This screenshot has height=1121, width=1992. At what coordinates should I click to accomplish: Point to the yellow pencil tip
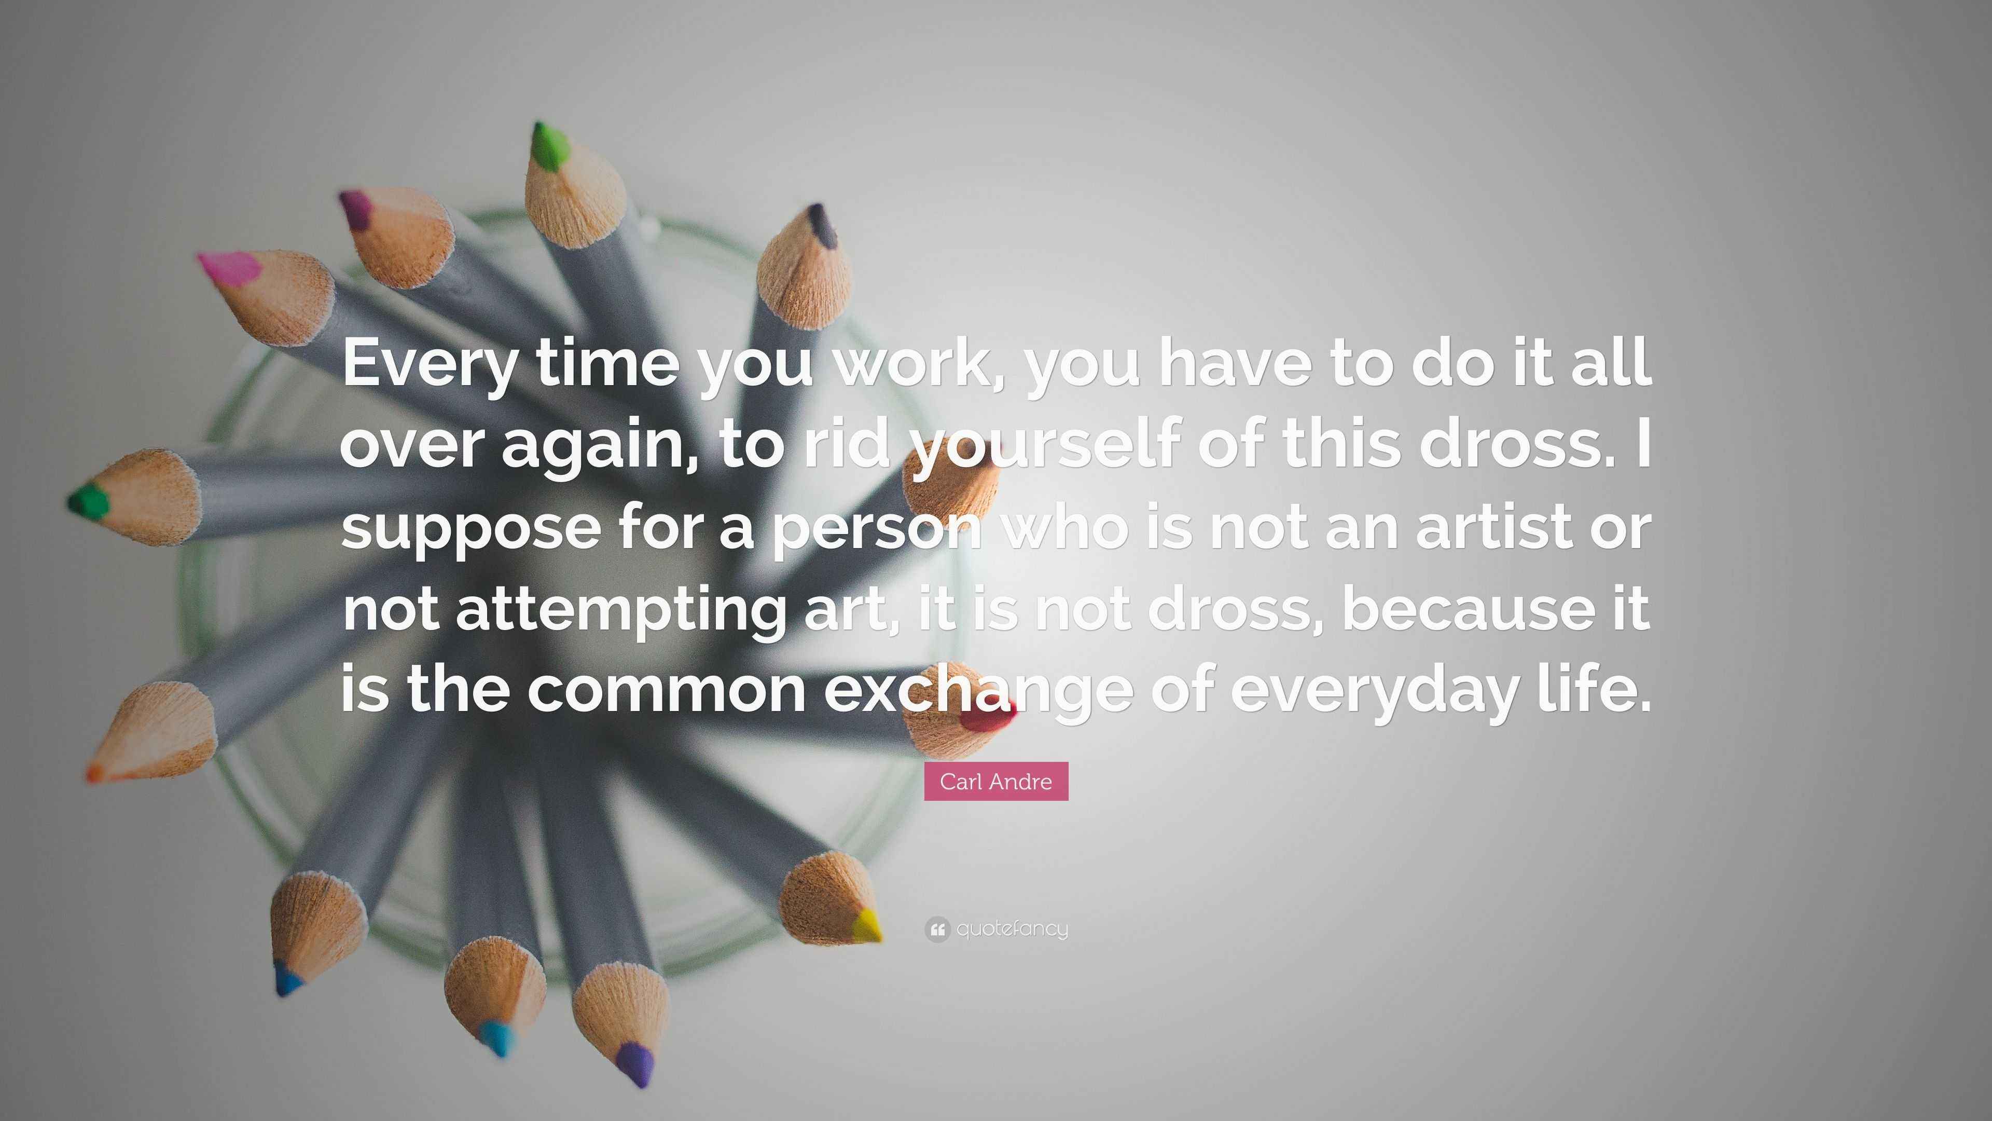[866, 924]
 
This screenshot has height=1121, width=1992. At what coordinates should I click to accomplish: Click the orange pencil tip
[95, 772]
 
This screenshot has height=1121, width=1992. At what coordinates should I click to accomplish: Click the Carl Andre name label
[995, 782]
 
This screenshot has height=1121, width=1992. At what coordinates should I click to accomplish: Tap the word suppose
[470, 529]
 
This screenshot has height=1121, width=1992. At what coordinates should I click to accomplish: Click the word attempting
[619, 610]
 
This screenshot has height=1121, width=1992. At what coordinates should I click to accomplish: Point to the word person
[878, 529]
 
